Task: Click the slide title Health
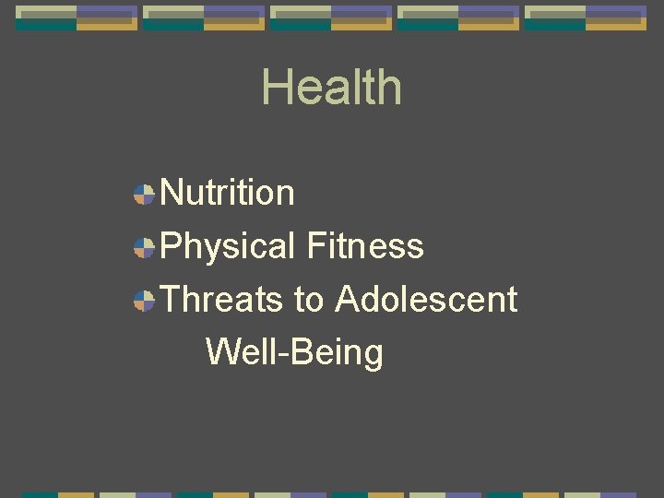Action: pos(331,88)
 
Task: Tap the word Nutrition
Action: pos(227,193)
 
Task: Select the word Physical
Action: pos(227,246)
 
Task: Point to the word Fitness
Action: pos(365,246)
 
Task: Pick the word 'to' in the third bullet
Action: pos(309,300)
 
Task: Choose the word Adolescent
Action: pos(426,300)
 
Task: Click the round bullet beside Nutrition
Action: pos(144,194)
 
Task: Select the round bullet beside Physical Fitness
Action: pos(144,247)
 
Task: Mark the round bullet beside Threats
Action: pos(144,301)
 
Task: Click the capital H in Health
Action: pos(276,88)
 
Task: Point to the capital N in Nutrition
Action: pos(172,193)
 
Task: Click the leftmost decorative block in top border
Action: pos(77,18)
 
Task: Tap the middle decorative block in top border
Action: pos(331,18)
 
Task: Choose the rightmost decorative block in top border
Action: pos(586,18)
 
